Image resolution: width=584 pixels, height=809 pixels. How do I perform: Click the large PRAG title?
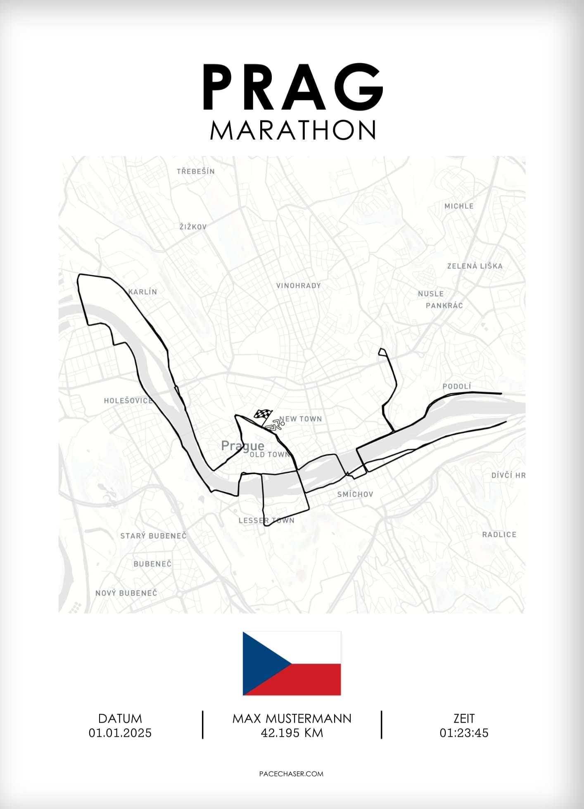click(292, 88)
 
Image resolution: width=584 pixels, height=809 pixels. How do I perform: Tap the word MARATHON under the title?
click(292, 130)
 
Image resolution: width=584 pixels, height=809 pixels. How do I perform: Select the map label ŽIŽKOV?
click(193, 227)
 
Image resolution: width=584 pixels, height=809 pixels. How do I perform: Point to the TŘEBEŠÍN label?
click(195, 171)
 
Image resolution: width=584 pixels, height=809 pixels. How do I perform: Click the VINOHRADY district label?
click(298, 286)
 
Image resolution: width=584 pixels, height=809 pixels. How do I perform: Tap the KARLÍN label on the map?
click(142, 292)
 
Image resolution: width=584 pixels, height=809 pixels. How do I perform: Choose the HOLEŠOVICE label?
click(128, 401)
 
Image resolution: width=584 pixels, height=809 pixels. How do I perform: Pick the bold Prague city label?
click(242, 446)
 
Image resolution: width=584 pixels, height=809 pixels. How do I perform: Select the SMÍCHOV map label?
click(355, 494)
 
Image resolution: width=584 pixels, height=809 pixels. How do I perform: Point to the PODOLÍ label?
click(456, 387)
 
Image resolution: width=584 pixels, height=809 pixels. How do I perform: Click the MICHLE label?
click(459, 206)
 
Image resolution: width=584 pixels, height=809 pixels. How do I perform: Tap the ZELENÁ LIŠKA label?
click(475, 266)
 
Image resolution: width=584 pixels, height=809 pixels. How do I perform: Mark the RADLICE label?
click(499, 535)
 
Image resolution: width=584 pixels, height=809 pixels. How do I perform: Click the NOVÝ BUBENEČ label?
click(126, 593)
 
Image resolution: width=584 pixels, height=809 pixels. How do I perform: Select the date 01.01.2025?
click(120, 733)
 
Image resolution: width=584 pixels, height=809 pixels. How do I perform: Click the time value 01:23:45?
click(464, 733)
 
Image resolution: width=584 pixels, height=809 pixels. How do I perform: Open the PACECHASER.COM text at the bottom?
click(291, 774)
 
